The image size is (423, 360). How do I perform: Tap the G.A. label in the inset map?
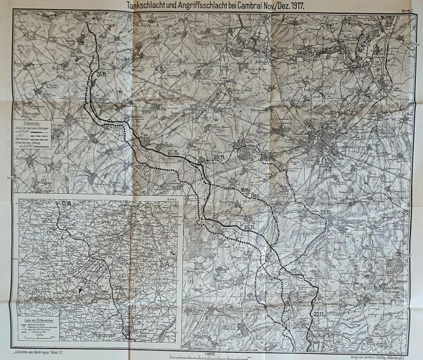pyautogui.click(x=66, y=205)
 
